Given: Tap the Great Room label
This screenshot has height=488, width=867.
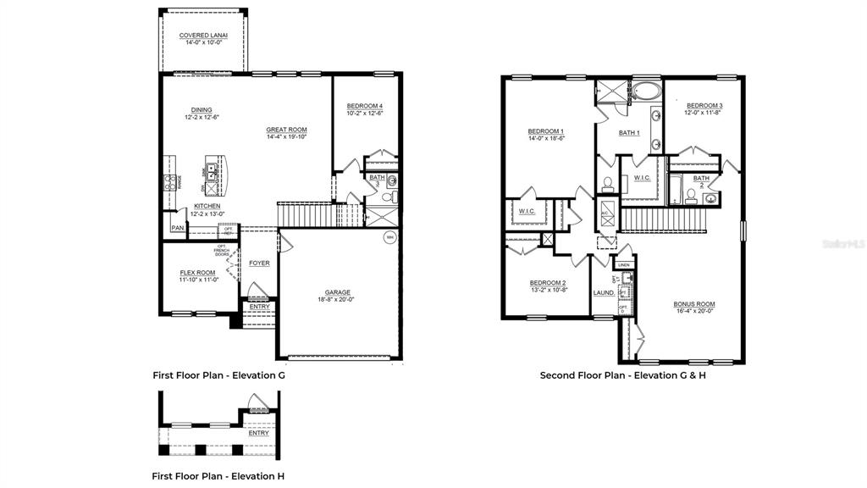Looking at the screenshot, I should tap(286, 130).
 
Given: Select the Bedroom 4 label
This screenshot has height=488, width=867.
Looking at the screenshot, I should tap(364, 106).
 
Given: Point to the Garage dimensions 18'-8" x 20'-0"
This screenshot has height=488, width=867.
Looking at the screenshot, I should tap(337, 299).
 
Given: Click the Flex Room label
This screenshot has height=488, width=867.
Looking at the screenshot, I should tap(198, 273).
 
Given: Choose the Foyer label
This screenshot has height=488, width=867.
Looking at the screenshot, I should tap(259, 263).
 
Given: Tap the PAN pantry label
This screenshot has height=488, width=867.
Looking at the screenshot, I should tap(177, 228).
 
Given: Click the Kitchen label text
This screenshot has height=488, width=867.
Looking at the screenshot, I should tap(207, 206).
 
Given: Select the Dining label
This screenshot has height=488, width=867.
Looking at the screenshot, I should tap(202, 110).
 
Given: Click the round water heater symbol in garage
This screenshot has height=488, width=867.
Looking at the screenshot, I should tap(389, 236).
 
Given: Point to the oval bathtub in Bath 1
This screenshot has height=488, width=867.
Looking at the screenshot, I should tap(646, 91).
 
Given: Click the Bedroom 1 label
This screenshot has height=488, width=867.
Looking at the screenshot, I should tap(546, 130).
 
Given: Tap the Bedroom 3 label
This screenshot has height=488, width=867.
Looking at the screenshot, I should tap(704, 105).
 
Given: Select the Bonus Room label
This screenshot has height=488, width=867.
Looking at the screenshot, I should tap(694, 304).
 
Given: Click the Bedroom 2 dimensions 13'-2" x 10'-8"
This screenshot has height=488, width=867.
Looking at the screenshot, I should tap(548, 290).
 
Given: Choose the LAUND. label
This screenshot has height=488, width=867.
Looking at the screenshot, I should tap(604, 292).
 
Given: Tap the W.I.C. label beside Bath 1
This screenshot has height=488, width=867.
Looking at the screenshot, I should tap(641, 177).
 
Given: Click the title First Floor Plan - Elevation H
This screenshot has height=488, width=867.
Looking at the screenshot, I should tap(218, 476).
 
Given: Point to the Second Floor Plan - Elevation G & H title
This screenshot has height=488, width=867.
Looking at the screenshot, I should tap(622, 374).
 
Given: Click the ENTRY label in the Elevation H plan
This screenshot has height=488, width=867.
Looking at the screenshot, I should tap(259, 433).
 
